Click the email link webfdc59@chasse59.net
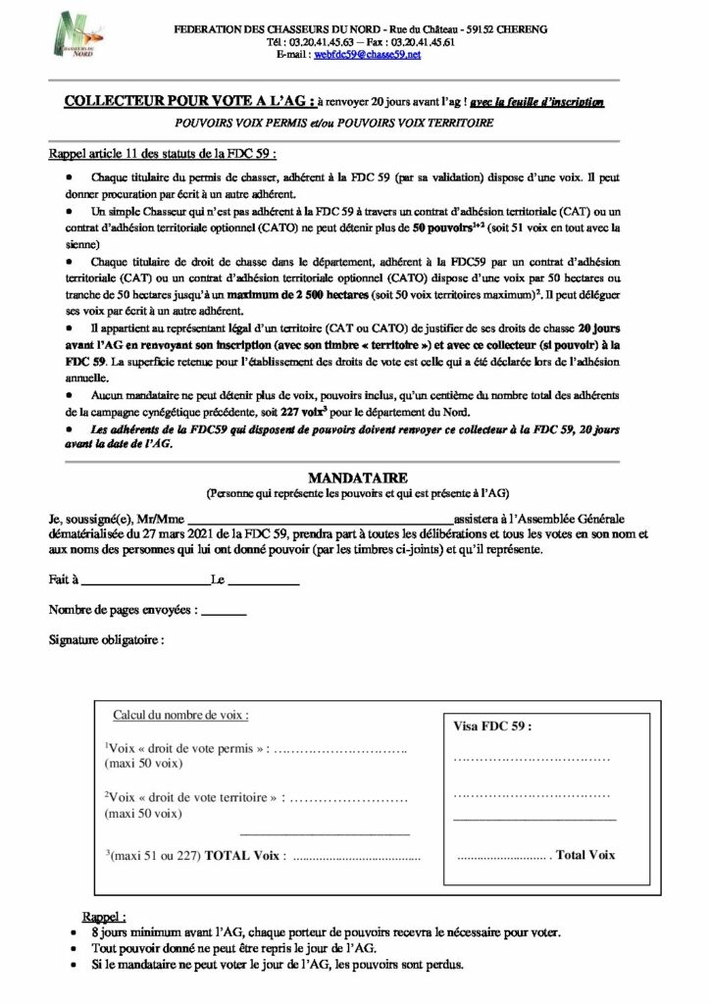pyautogui.click(x=367, y=56)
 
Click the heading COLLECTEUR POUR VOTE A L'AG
pyautogui.click(x=185, y=101)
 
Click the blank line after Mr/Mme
pyautogui.click(x=314, y=518)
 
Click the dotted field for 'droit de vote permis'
pyautogui.click(x=337, y=749)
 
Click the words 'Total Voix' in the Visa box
pyautogui.click(x=585, y=855)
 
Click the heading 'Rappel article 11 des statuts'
pyautogui.click(x=162, y=155)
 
